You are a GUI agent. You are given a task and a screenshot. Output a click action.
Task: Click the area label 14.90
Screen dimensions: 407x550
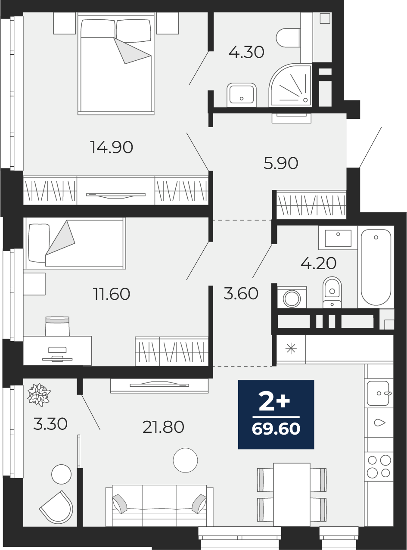112,147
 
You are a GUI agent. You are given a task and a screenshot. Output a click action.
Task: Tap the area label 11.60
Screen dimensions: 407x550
112,294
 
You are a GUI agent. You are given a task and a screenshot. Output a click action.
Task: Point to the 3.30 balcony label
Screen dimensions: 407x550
50,424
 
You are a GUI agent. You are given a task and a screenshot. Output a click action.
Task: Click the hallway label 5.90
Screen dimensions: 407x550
281,163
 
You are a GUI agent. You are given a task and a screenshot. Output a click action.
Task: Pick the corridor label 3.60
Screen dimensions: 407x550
241,293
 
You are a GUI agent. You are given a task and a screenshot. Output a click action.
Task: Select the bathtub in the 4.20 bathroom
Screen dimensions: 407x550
376,267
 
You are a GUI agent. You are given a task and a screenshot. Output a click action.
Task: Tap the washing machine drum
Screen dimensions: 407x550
292,298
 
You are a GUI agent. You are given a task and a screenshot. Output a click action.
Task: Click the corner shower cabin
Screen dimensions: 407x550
290,85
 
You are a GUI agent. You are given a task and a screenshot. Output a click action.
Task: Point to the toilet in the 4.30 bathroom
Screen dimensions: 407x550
289,38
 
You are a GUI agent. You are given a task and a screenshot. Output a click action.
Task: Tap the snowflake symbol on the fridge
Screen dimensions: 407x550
291,349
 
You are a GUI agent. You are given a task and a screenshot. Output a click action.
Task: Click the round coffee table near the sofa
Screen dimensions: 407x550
186,460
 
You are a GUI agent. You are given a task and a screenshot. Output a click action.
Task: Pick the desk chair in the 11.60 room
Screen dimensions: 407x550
57,326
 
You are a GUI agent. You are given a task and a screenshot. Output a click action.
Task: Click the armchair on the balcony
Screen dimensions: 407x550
56,505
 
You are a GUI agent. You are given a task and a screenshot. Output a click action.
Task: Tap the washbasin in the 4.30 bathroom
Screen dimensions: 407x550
242,95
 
